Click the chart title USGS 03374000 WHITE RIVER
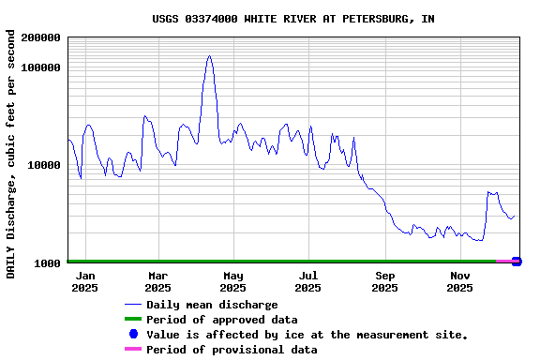(293, 19)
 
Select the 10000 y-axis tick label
(44, 165)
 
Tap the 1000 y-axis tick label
(48, 262)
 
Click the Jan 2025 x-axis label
(84, 281)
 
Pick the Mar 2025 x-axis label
(157, 281)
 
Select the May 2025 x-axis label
(233, 281)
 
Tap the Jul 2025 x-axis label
(307, 281)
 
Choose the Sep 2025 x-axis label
(384, 281)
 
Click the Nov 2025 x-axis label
(459, 281)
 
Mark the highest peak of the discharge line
(209, 55)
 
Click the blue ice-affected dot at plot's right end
(517, 261)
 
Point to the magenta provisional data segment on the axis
(504, 261)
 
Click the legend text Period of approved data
(221, 320)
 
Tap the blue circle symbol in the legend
(133, 335)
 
